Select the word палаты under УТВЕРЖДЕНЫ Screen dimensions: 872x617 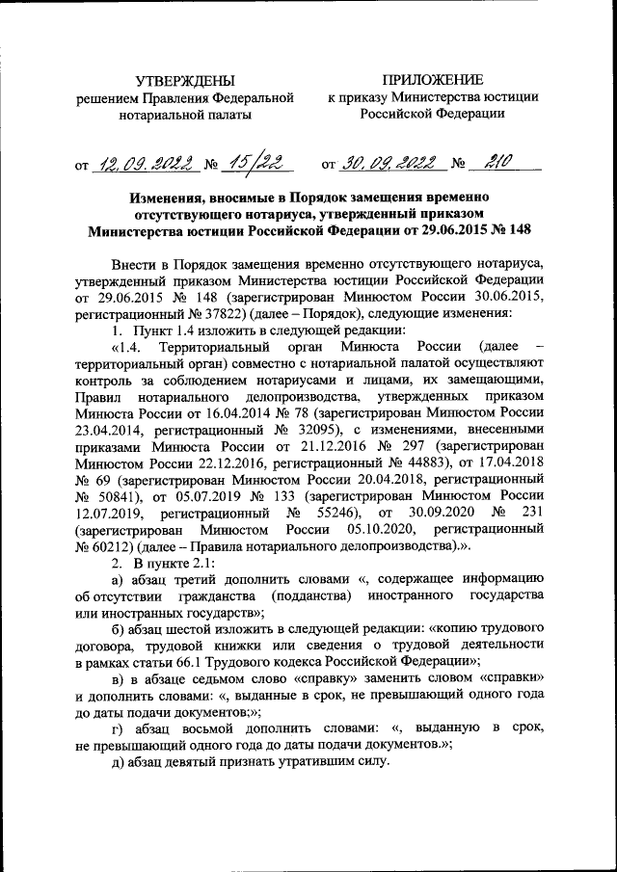tap(225, 114)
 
